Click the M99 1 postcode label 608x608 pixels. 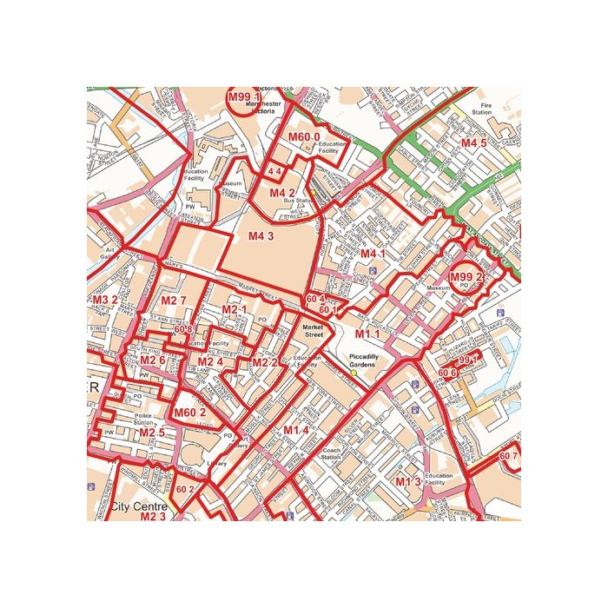tap(244, 98)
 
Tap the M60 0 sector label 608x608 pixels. tap(304, 137)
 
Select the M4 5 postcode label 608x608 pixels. tap(473, 142)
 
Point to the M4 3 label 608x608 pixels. tap(261, 235)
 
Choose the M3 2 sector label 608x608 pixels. tap(104, 300)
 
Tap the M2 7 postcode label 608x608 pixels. tap(174, 301)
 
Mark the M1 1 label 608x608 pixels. tap(367, 334)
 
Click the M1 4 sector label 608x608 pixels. tap(296, 430)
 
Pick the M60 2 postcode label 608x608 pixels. tap(190, 413)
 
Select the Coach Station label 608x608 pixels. tap(332, 454)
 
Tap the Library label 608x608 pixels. tap(217, 464)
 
